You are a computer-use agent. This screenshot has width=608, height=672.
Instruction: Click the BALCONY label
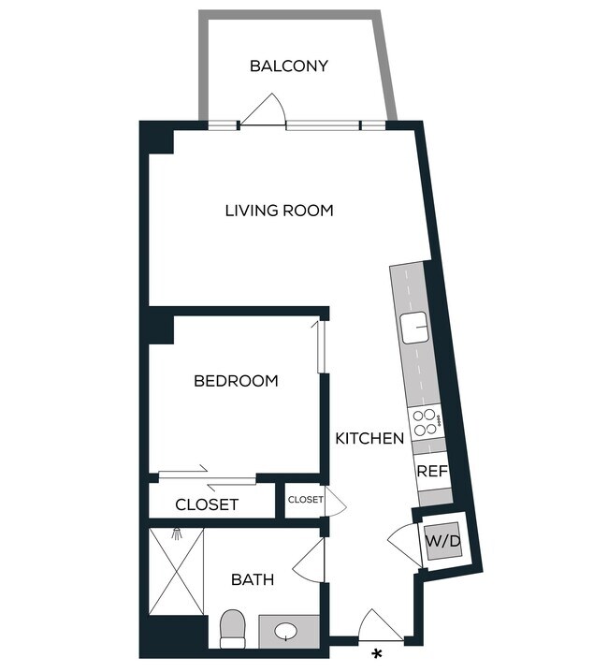(288, 66)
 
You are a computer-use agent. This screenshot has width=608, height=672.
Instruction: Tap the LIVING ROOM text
(279, 211)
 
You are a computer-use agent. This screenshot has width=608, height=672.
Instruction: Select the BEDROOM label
(236, 381)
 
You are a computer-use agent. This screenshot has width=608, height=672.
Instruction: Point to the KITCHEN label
(369, 438)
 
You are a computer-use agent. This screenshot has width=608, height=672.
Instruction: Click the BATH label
(253, 580)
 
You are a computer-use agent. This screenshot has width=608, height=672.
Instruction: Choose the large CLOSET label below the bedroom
(207, 505)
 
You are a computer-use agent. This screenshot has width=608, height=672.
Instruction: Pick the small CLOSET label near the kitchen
(305, 500)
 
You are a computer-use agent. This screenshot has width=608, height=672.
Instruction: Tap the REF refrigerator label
(432, 472)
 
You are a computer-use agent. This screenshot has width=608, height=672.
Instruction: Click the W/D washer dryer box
(443, 540)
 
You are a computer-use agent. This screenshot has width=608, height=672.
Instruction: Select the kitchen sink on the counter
(413, 328)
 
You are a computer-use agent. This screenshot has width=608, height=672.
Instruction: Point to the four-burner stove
(424, 423)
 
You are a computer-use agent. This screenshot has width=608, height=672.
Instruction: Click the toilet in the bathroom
(231, 629)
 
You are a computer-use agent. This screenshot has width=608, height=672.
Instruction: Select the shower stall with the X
(176, 571)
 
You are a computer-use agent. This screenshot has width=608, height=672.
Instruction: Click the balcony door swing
(266, 110)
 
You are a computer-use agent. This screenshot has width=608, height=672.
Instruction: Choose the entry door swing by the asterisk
(380, 625)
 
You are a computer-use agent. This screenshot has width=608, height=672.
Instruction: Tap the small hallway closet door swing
(334, 504)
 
